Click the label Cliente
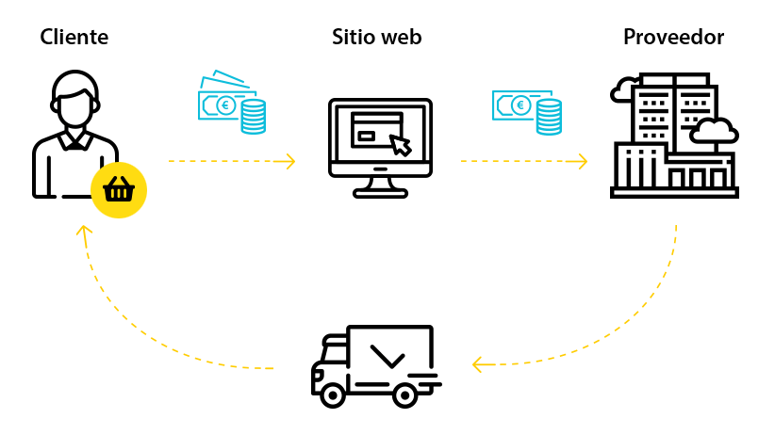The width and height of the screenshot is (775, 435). [74, 38]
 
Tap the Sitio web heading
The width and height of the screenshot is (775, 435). [376, 38]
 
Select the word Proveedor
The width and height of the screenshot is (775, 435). [673, 38]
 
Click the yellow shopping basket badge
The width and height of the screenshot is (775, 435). [119, 190]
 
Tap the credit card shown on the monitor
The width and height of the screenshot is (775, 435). [376, 130]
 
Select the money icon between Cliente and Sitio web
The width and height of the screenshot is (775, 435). [231, 103]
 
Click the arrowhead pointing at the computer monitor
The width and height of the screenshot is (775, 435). [289, 161]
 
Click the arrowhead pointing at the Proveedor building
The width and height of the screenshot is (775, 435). [581, 161]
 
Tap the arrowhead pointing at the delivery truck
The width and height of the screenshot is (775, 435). [478, 362]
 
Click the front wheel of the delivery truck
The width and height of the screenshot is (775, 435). [332, 395]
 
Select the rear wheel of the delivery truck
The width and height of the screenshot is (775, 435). [404, 395]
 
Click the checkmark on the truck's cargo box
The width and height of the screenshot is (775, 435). [387, 356]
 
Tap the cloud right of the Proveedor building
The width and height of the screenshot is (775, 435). [713, 131]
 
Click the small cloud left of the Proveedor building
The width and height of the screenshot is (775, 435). [623, 91]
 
